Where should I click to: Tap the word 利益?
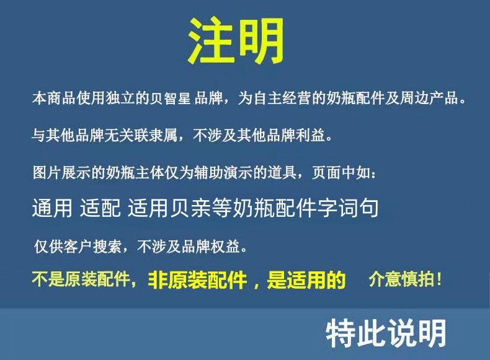319,135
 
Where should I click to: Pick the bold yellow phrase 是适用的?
306,281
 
